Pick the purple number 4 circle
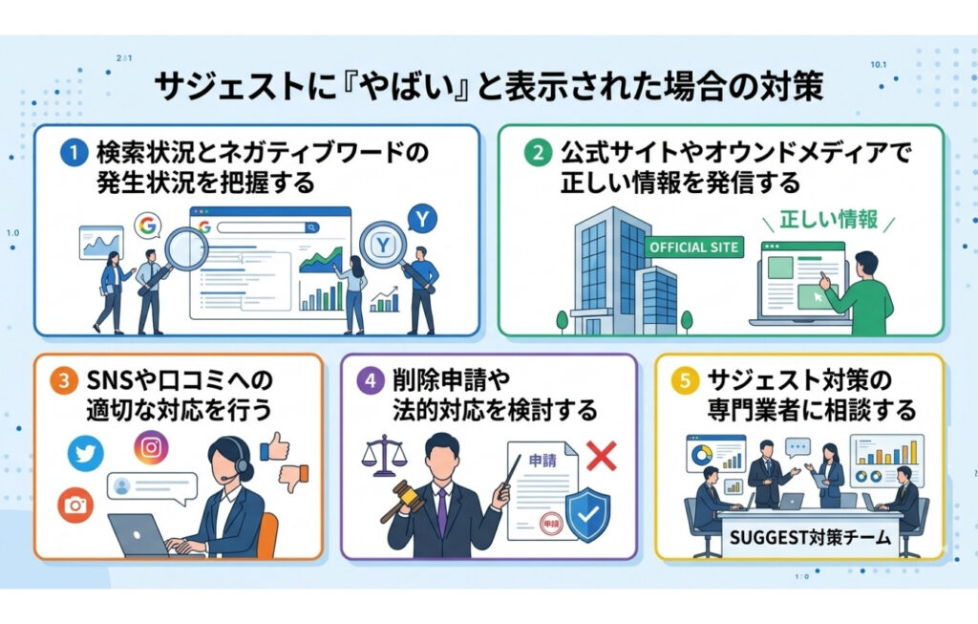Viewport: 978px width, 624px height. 370,380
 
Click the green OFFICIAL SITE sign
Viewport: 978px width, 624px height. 693,247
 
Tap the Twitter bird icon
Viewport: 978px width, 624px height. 87,454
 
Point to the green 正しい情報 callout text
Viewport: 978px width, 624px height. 830,219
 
